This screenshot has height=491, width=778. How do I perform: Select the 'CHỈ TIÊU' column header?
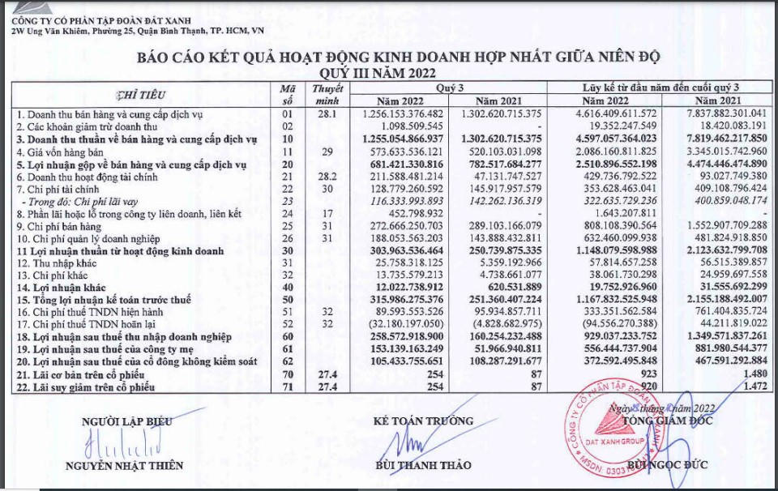142,95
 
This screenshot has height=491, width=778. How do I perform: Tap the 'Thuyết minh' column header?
327,94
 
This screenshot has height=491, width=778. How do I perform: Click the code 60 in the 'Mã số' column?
285,335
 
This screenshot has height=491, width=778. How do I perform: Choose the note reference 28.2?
327,176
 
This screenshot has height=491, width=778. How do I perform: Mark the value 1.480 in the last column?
750,372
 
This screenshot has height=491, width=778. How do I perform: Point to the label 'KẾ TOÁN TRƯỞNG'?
423,421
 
